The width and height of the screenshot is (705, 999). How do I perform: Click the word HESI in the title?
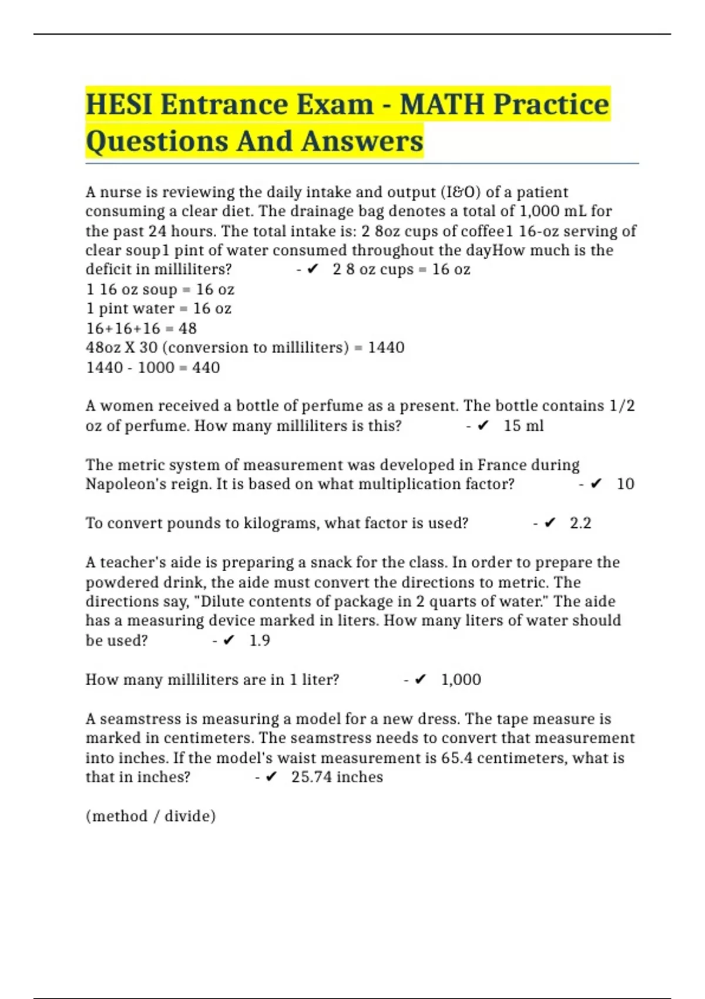[x=119, y=105]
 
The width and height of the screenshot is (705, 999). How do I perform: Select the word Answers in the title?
[x=362, y=142]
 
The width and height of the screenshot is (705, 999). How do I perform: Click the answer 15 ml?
[x=523, y=425]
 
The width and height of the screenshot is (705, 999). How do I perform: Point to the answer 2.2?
[x=580, y=523]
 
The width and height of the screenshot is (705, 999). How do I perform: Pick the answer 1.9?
[x=260, y=641]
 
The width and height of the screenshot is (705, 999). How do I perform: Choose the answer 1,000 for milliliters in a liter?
[x=461, y=680]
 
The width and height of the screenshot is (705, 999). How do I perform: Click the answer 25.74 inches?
[x=337, y=777]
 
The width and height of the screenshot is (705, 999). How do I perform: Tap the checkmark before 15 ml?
[x=483, y=425]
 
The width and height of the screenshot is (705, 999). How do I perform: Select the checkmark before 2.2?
[x=550, y=523]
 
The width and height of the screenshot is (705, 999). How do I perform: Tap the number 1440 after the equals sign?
[x=386, y=348]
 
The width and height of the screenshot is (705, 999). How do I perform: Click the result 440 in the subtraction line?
[x=206, y=368]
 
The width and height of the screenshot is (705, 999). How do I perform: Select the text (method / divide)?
[x=150, y=816]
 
